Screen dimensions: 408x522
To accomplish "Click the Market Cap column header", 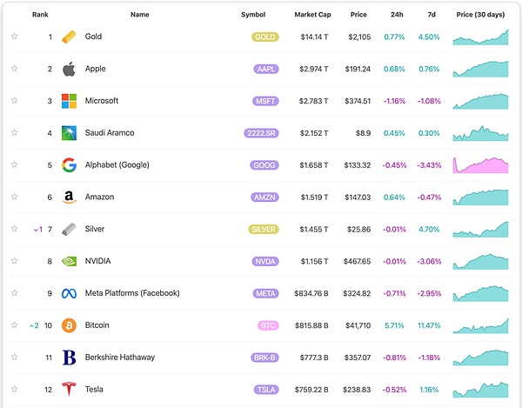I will [311, 15].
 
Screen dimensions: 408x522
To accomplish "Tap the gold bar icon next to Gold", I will [70, 37].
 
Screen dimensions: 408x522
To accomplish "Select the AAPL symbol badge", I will [265, 69].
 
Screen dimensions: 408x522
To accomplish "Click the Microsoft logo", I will [70, 101].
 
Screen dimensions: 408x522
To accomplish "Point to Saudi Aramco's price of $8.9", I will [365, 133].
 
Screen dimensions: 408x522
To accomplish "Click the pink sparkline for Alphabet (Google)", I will [481, 165].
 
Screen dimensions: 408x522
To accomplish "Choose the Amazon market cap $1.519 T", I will [314, 197].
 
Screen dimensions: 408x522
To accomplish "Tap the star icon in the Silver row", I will [14, 229].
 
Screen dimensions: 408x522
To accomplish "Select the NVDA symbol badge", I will [265, 261].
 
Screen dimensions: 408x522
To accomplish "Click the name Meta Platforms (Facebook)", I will [132, 293].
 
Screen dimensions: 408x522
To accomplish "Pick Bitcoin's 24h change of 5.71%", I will [395, 325].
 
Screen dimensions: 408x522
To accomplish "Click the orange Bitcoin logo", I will [70, 325].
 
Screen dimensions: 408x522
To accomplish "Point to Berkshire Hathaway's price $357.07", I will [358, 357].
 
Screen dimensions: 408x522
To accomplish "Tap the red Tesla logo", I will [70, 389].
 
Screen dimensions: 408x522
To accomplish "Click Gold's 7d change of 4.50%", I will [429, 37].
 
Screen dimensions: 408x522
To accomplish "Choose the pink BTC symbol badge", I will [265, 325].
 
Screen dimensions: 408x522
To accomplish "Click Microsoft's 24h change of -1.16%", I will [395, 101].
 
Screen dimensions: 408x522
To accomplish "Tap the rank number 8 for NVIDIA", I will [50, 261].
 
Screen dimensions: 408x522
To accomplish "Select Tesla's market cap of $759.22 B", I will [311, 389].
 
